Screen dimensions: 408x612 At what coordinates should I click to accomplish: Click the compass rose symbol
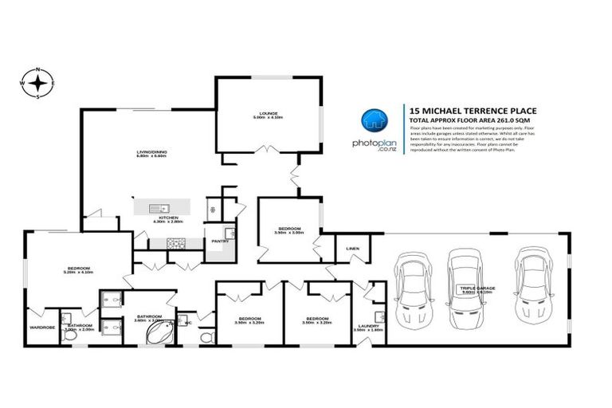coord(37,81)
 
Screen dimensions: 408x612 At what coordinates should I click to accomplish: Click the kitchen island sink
coord(160,208)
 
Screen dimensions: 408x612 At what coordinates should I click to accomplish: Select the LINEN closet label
coord(352,248)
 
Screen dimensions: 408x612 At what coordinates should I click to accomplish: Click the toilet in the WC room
coord(206,337)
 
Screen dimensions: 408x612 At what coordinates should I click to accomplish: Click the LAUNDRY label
coord(369,325)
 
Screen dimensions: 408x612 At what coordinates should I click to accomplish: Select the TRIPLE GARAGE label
coord(476,287)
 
